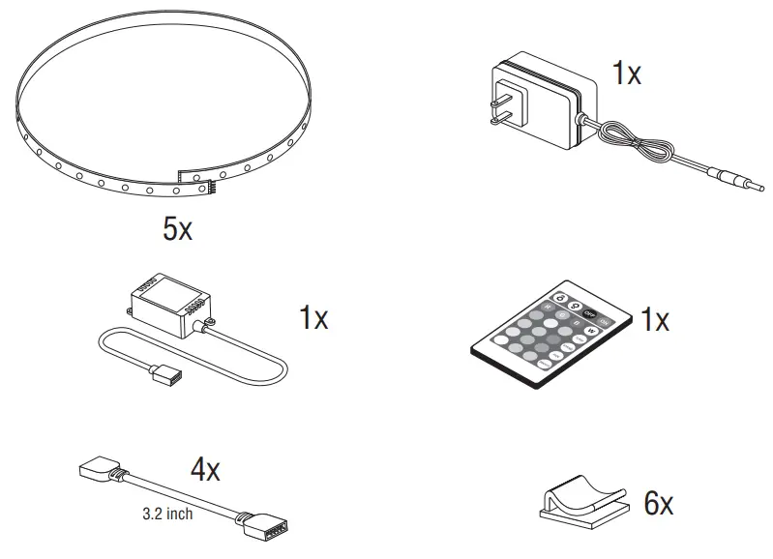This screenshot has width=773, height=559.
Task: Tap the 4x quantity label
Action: click(x=204, y=471)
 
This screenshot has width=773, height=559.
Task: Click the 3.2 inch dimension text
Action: click(x=165, y=514)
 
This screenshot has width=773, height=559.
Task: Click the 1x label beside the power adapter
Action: click(x=626, y=74)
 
